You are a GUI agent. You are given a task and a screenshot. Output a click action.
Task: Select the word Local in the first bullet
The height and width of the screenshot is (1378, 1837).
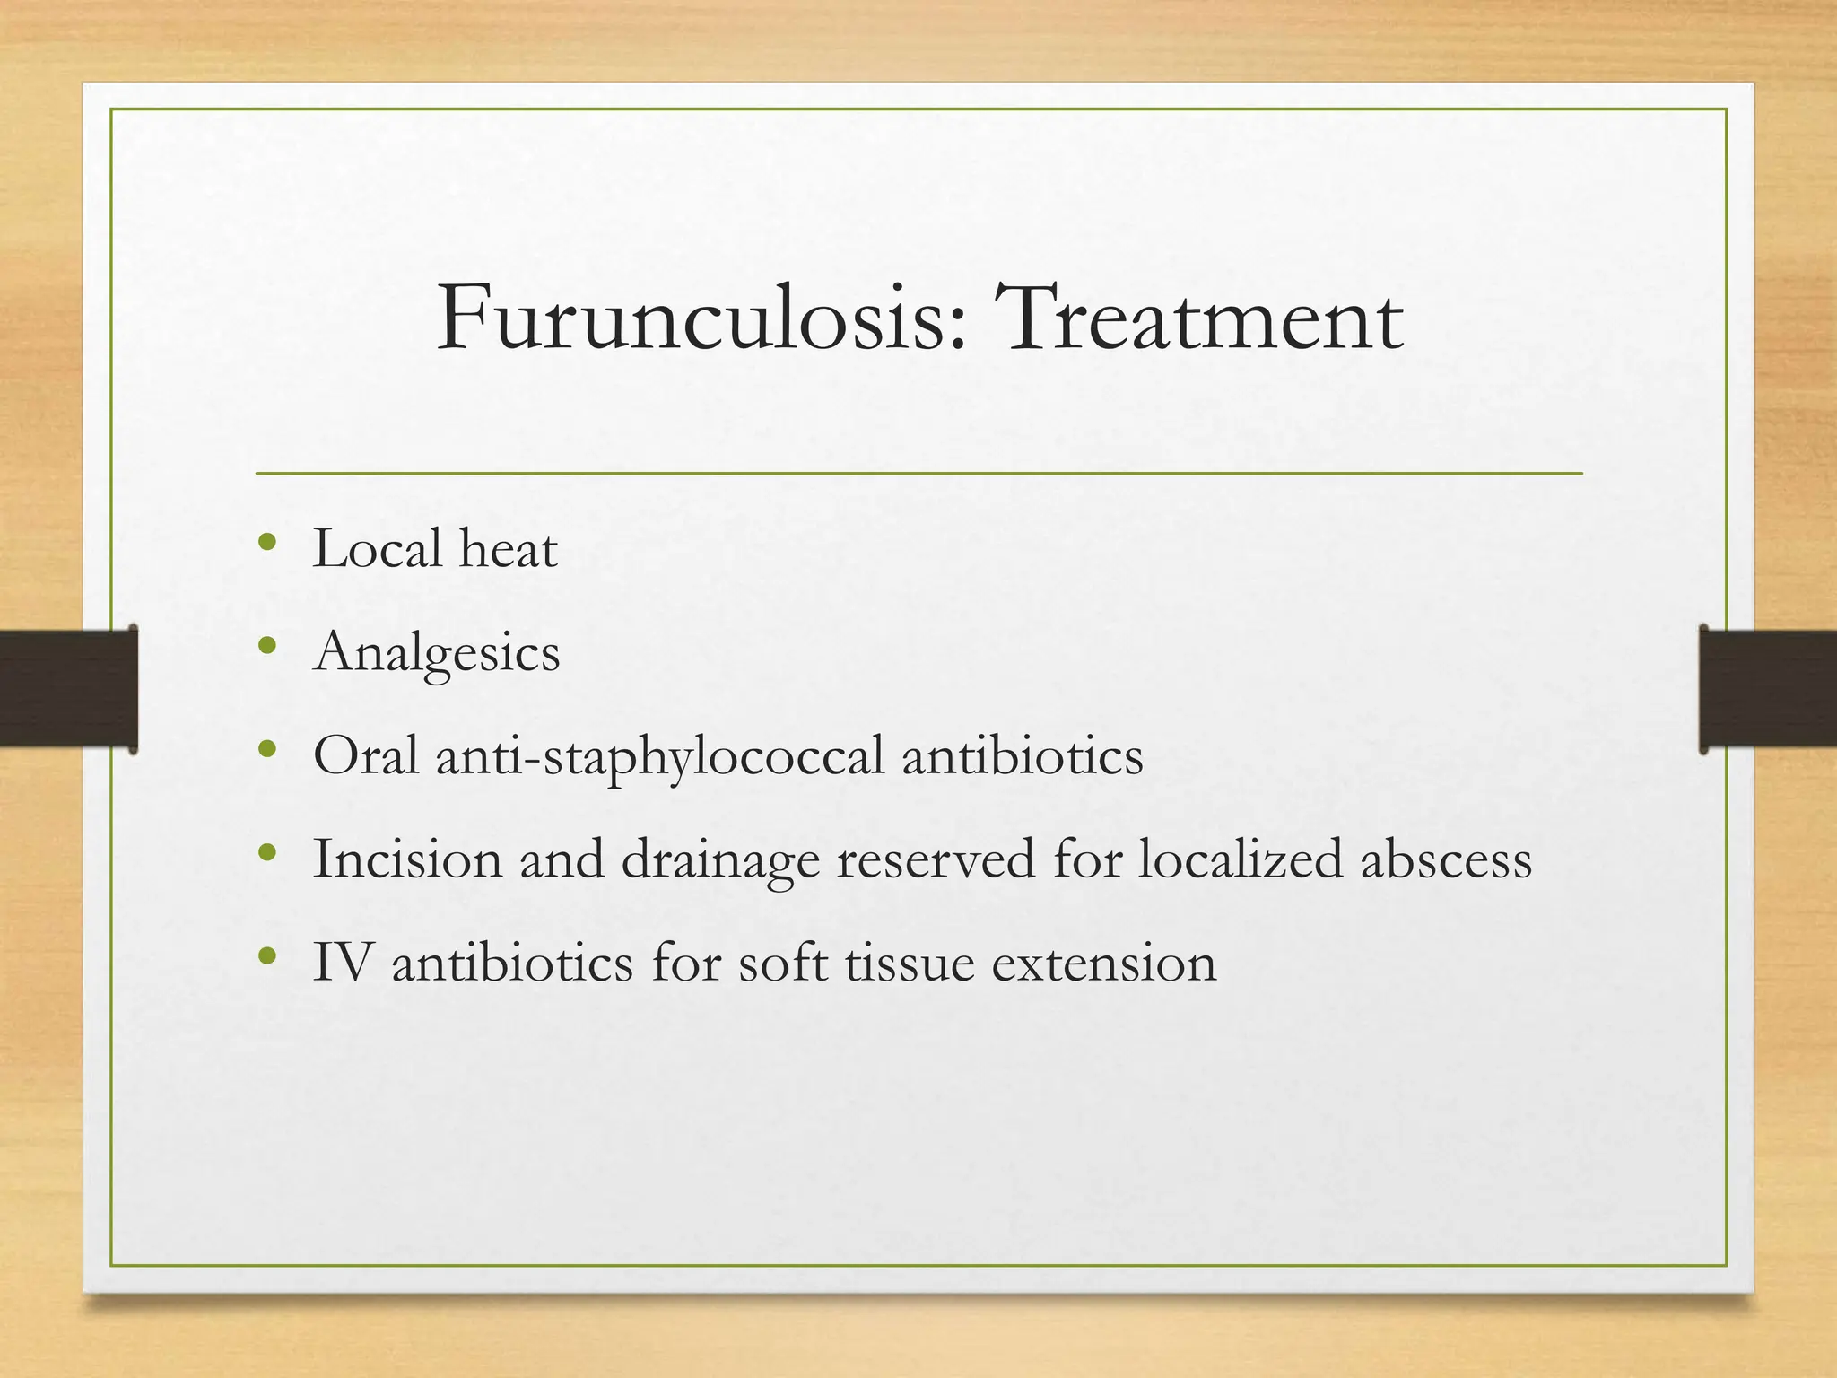coord(378,548)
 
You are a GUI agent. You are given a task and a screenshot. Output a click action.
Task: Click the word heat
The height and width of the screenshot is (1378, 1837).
coord(508,548)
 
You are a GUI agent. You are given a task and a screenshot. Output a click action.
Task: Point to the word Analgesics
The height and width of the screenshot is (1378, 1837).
coord(437,653)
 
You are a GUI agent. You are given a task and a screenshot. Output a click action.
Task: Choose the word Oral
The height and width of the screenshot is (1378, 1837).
coord(366,755)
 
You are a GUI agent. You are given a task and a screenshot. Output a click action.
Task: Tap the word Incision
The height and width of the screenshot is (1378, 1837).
coord(407,859)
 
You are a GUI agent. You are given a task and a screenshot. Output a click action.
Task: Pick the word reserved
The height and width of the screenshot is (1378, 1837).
coord(936,859)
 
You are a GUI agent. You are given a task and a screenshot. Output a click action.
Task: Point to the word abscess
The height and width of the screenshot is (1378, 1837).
coord(1446,859)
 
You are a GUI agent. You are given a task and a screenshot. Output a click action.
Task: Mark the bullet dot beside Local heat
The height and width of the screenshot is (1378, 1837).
coord(266,542)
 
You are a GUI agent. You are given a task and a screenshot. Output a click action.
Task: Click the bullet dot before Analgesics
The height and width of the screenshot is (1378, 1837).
coord(266,645)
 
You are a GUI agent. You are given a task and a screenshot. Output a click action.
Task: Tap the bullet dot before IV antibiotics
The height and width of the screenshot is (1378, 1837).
coord(266,955)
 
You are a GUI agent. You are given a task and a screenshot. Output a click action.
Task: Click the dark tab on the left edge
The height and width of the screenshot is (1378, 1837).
coord(68,688)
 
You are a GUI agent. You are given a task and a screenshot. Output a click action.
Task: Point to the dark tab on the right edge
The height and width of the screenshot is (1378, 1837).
coord(1768,688)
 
